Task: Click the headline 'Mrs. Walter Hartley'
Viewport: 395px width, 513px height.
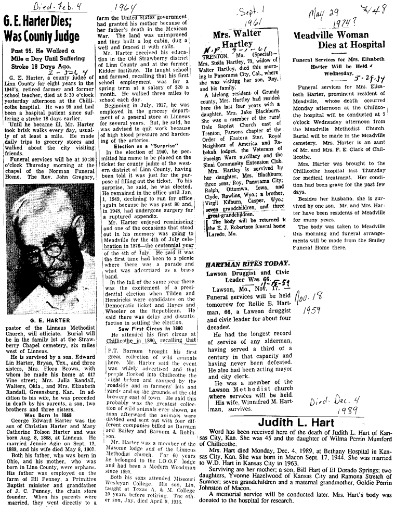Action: click(236, 39)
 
